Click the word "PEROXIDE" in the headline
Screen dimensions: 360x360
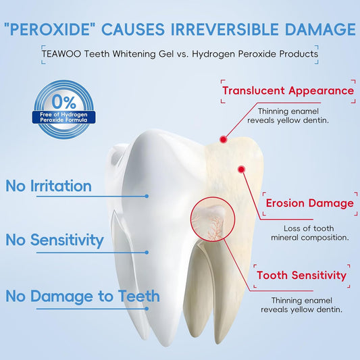coord(48,29)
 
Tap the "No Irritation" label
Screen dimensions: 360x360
coord(48,186)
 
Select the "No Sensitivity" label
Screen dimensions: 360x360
coord(55,240)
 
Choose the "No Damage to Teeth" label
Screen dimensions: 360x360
coord(83,296)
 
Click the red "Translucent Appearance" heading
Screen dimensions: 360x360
coord(288,91)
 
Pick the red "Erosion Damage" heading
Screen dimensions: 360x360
coord(308,203)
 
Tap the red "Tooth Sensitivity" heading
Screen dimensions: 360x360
coord(301,275)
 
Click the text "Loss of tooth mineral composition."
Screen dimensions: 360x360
coord(309,232)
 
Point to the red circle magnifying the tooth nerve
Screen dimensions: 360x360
coord(211,220)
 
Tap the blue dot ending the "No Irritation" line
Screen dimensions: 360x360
coord(147,196)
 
